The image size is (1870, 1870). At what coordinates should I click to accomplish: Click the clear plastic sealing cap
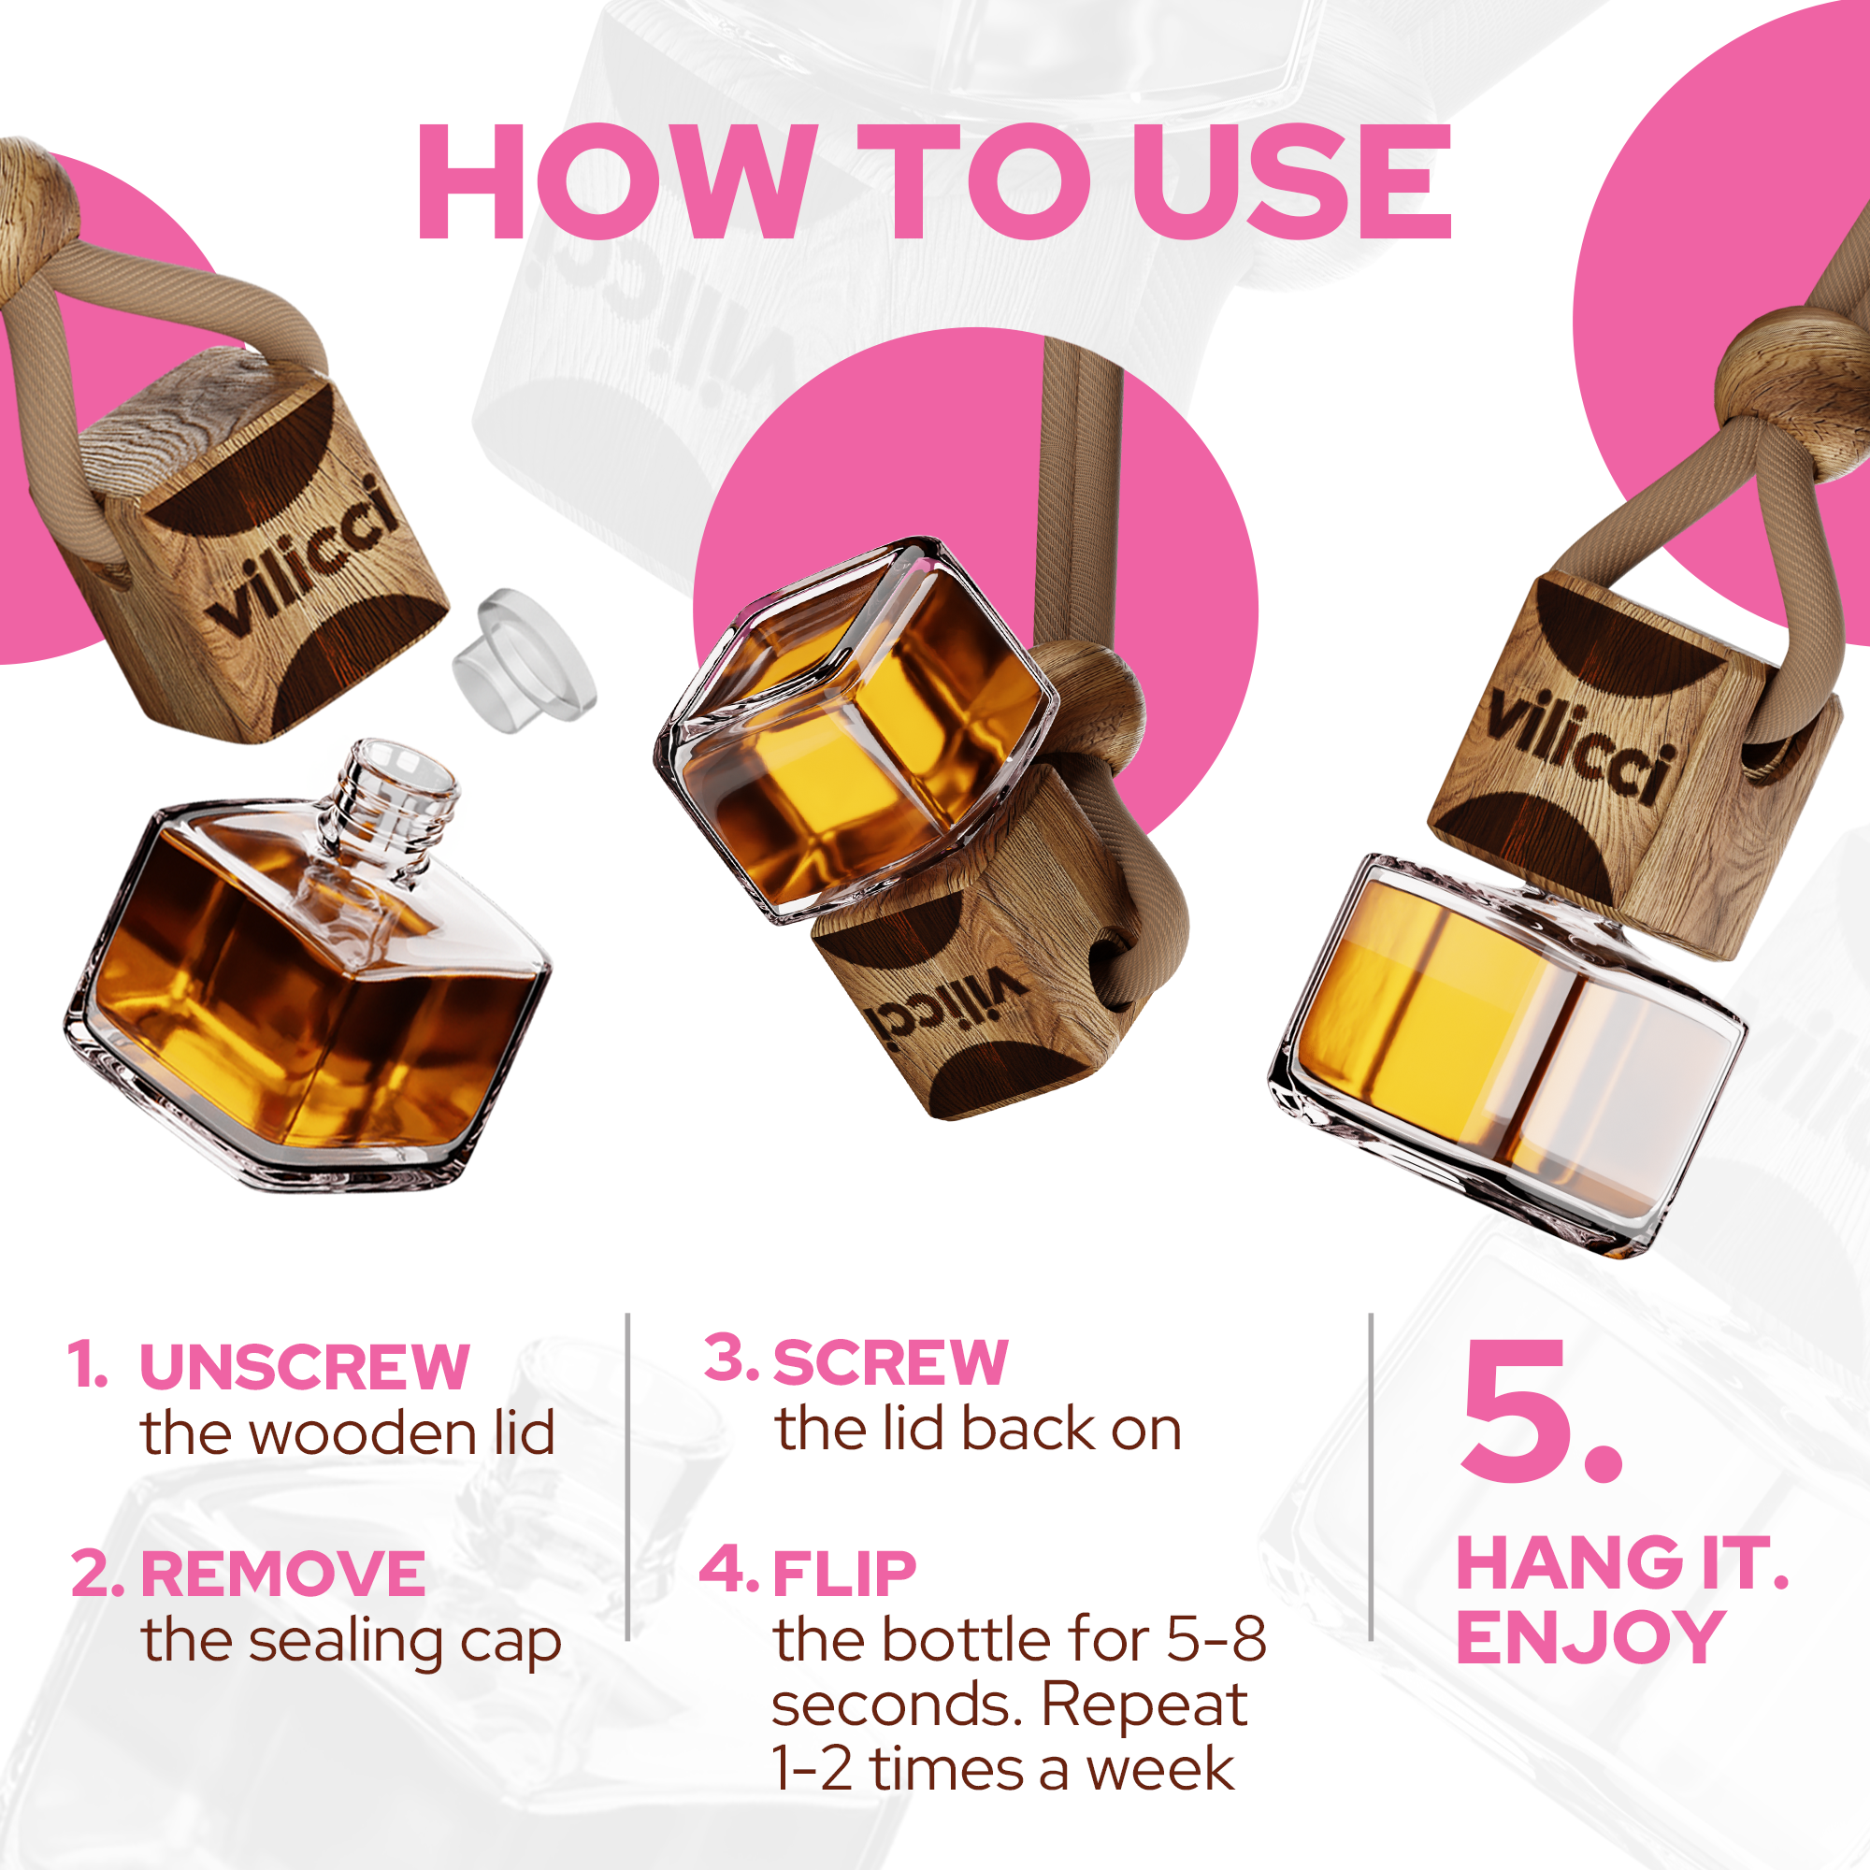pyautogui.click(x=524, y=659)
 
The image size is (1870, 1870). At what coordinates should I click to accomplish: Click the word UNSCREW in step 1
pyautogui.click(x=304, y=1368)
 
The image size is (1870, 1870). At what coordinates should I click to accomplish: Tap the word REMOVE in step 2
pyautogui.click(x=282, y=1574)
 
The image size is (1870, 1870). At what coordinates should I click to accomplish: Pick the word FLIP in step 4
pyautogui.click(x=844, y=1574)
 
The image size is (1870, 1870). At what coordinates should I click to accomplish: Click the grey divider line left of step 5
pyautogui.click(x=1371, y=1490)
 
